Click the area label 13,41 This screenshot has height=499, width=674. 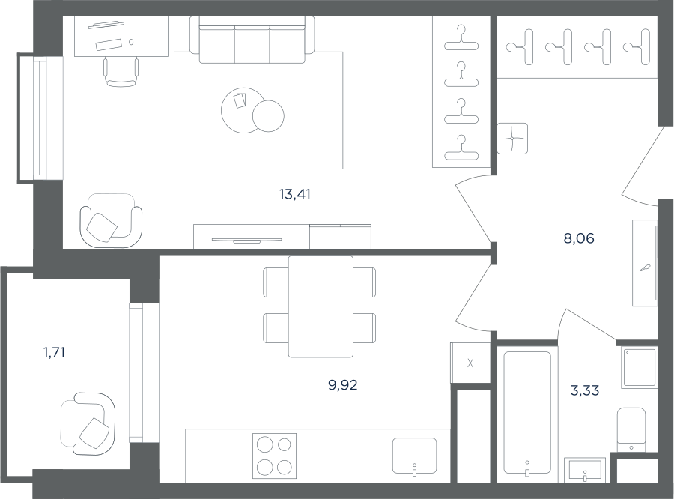pos(295,195)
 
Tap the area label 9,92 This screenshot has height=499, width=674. pos(342,385)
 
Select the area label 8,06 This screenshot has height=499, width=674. pos(579,238)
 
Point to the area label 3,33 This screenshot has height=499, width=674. pos(585,390)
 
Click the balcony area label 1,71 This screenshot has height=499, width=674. pos(54,353)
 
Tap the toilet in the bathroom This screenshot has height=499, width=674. pos(631,430)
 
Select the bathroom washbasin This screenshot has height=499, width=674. pos(585,470)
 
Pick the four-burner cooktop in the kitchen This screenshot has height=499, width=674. pos(274,456)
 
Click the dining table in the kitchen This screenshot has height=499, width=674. pos(321,306)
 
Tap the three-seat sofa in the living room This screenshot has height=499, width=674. pos(252,40)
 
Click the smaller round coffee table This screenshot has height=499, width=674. pos(268,115)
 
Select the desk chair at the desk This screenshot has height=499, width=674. pos(121,72)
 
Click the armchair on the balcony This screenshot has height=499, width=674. pos(88,424)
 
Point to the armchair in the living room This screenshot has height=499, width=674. pos(111,221)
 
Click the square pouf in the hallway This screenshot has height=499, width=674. pos(512,139)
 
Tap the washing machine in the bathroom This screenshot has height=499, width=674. pos(640,368)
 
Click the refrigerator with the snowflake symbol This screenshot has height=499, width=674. pos(470,363)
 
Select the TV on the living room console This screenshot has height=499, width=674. pos(246,240)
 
